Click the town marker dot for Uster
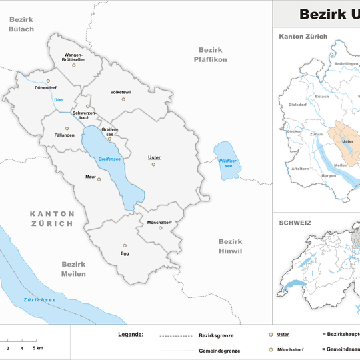tap(153, 164)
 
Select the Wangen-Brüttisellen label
tap(74, 57)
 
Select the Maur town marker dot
tap(99, 179)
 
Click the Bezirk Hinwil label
tap(231, 246)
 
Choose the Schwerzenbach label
tap(86, 115)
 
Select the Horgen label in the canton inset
tap(328, 175)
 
